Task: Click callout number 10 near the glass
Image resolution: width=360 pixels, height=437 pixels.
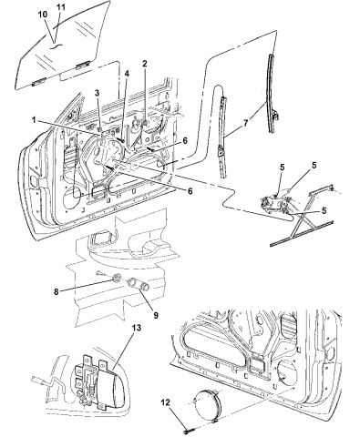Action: [x=43, y=15]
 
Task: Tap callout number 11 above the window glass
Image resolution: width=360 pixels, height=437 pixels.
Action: [x=61, y=7]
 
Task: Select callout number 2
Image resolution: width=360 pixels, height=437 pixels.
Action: [x=145, y=64]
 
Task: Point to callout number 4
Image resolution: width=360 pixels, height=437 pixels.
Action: [x=127, y=74]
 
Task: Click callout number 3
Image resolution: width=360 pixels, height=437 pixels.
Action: [x=97, y=93]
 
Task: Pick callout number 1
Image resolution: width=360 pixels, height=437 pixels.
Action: [x=34, y=120]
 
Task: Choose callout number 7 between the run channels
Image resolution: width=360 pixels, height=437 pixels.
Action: [x=246, y=123]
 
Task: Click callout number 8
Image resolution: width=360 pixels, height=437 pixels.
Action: [x=57, y=291]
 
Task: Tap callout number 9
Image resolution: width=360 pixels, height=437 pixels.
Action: [x=156, y=315]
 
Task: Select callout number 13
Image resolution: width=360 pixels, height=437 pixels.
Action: [x=137, y=328]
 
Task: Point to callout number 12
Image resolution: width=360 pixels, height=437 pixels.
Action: [x=166, y=402]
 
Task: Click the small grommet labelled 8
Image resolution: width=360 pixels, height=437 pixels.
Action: [x=118, y=277]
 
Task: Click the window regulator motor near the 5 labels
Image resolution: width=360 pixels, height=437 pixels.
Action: [x=273, y=202]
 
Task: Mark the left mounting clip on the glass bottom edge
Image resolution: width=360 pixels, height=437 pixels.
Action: [x=38, y=81]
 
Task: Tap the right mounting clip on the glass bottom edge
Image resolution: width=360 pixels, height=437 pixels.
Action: [x=83, y=65]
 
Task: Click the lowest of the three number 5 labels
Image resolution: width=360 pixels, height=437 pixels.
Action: [x=324, y=210]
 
